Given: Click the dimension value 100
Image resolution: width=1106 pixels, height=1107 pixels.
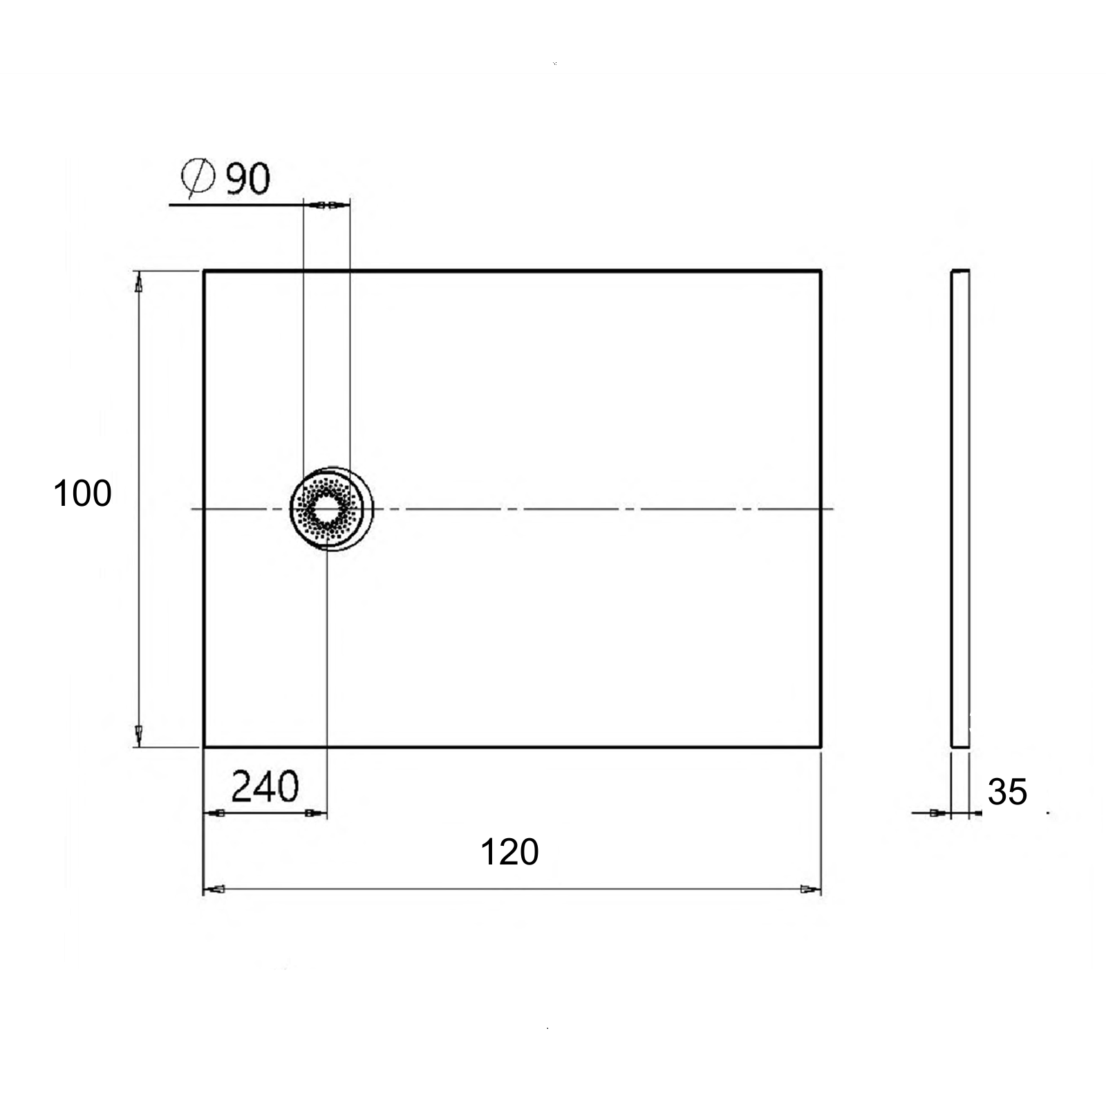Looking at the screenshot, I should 82,494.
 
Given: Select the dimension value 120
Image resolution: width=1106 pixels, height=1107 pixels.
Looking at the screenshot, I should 509,852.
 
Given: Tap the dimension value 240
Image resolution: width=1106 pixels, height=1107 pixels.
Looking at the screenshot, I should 265,786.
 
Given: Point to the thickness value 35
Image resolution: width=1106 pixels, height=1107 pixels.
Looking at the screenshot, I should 1007,792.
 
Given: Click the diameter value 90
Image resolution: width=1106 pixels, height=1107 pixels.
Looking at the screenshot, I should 248,178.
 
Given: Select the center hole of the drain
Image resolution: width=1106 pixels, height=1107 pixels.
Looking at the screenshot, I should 324,509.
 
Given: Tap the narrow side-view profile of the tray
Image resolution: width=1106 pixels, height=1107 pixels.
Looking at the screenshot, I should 960,509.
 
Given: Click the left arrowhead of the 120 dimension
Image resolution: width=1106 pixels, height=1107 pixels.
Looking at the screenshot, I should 215,889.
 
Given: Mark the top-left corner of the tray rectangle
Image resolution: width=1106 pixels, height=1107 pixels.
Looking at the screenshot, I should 204,271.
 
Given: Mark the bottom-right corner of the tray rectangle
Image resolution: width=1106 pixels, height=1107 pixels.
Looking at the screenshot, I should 821,746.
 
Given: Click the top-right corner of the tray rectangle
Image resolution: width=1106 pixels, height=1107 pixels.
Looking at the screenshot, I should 821,271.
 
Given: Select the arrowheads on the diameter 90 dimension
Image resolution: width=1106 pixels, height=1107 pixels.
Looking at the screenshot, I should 327,205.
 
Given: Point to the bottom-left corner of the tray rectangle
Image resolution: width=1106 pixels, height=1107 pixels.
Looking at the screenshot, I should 204,746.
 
